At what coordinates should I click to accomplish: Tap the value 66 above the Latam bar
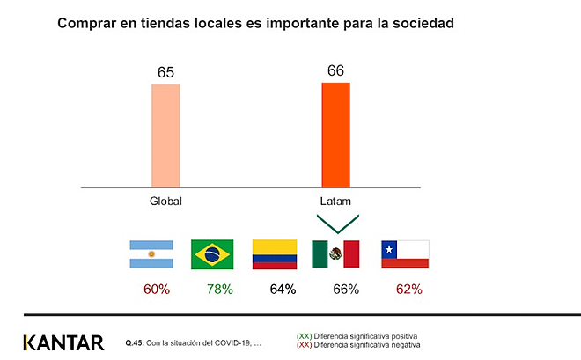pyautogui.click(x=335, y=70)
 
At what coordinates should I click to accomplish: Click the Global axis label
pyautogui.click(x=165, y=202)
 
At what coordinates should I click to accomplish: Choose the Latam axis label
pyautogui.click(x=335, y=202)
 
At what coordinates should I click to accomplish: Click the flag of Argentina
pyautogui.click(x=151, y=253)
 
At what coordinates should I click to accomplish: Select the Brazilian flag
pyautogui.click(x=212, y=253)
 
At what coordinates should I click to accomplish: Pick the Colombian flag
pyautogui.click(x=274, y=253)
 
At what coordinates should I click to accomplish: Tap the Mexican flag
pyautogui.click(x=335, y=253)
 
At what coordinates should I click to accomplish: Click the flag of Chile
pyautogui.click(x=404, y=253)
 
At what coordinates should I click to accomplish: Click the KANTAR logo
pyautogui.click(x=63, y=342)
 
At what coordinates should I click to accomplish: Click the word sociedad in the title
pyautogui.click(x=423, y=23)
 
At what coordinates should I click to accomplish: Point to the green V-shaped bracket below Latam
pyautogui.click(x=335, y=224)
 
